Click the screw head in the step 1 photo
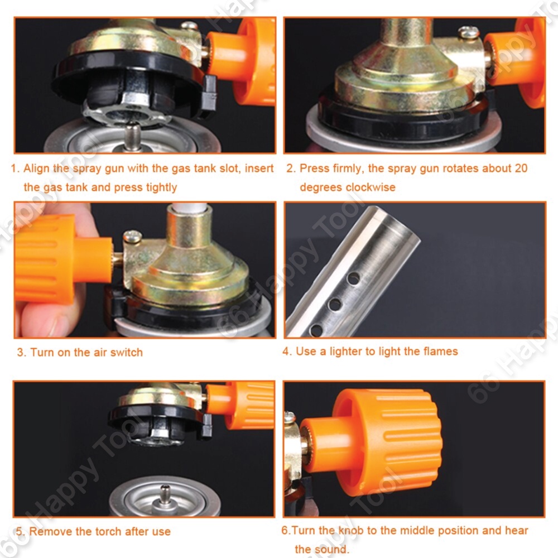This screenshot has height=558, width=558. tap(189, 26)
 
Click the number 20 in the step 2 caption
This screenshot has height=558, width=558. tap(520, 168)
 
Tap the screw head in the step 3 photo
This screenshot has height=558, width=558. tap(132, 235)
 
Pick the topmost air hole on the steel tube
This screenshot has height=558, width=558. tap(353, 278)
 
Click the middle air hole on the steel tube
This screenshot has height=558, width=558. tap(335, 304)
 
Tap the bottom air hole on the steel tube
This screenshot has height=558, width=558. tap(316, 330)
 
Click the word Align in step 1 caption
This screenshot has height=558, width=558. tap(37, 169)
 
